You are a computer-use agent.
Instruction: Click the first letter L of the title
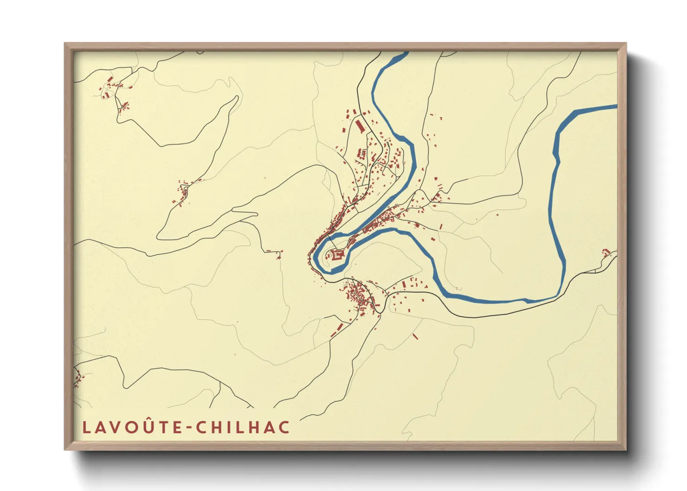tap(86, 427)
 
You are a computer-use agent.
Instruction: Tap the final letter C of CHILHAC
tap(284, 427)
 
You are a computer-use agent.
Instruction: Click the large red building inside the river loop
tap(337, 254)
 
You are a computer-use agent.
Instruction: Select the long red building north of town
tap(360, 126)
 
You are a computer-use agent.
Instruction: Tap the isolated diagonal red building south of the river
tap(415, 336)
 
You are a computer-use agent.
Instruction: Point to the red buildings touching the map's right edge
tap(606, 252)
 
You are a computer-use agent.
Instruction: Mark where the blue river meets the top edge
tap(401, 54)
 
